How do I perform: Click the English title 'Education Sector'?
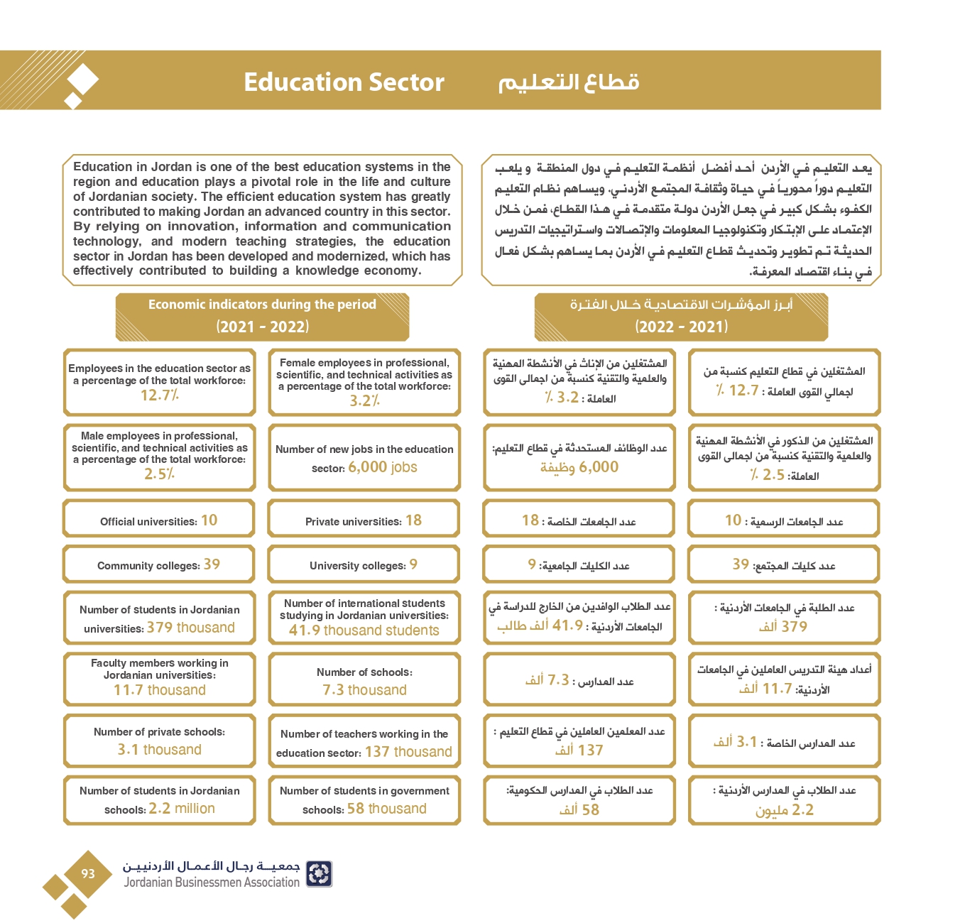[x=344, y=82]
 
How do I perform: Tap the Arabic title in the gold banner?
[x=568, y=82]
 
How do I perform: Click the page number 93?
[x=88, y=874]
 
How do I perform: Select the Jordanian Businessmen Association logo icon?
[x=319, y=874]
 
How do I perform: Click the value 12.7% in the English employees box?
[x=160, y=395]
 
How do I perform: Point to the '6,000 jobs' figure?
[x=383, y=467]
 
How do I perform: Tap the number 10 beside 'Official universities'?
[x=209, y=520]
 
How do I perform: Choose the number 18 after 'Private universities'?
[x=413, y=520]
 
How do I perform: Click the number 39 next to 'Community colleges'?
[x=212, y=564]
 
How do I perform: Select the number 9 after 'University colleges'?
[x=413, y=564]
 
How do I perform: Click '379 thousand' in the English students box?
[x=190, y=628]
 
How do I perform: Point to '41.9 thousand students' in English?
[x=364, y=630]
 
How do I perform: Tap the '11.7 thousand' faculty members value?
[x=160, y=690]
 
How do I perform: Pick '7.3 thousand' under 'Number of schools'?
[x=364, y=690]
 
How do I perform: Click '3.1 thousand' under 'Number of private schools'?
[x=160, y=750]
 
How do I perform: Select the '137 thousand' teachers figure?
[x=408, y=752]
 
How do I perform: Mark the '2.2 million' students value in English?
[x=182, y=809]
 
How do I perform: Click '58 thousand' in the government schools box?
[x=386, y=809]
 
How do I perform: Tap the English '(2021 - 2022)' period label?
[x=262, y=327]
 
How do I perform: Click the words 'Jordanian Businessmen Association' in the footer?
[x=212, y=883]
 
